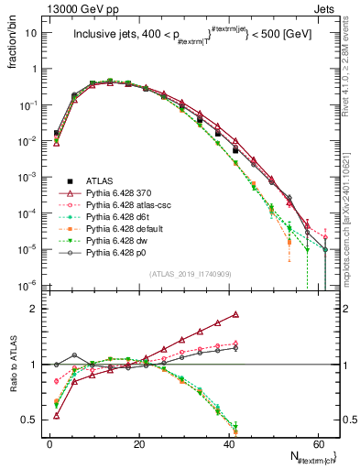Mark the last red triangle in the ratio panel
(236, 314)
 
